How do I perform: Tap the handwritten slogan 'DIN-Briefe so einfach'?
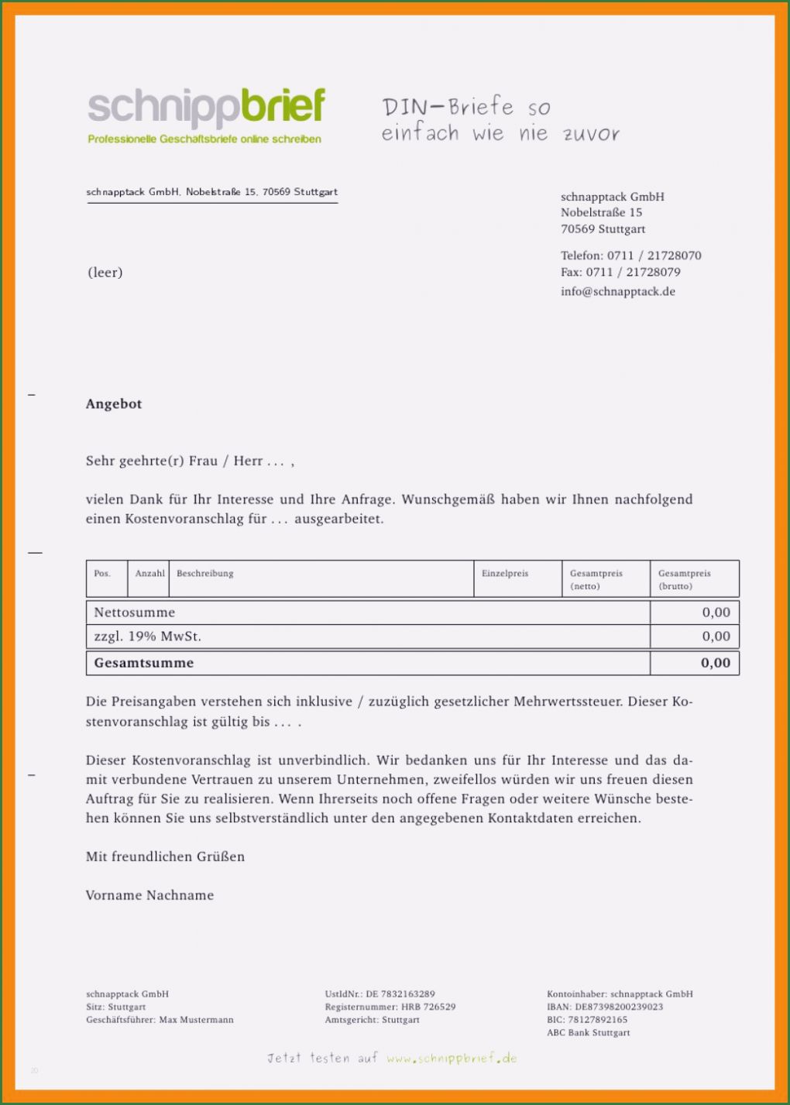[x=500, y=120]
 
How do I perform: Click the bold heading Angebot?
[x=114, y=403]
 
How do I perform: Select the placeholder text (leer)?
[x=105, y=272]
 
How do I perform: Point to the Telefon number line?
[x=630, y=256]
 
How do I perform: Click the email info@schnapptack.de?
[x=617, y=291]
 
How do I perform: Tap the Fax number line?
[x=620, y=272]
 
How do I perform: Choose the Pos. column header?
[x=102, y=574]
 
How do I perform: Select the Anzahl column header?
[x=149, y=574]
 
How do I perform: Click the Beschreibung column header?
[x=204, y=574]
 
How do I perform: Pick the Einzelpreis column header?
[x=505, y=574]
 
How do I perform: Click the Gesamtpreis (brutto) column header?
[x=684, y=579]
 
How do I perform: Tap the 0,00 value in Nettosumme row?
[x=716, y=613]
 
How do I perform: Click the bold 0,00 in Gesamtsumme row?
[x=715, y=663]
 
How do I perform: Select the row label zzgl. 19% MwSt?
[x=147, y=637]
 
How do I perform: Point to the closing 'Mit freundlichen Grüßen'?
[x=165, y=856]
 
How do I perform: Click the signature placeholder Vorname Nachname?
[x=149, y=895]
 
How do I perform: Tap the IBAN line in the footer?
[x=604, y=1007]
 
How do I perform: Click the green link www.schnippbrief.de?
[x=452, y=1059]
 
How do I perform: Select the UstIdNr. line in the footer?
[x=380, y=993]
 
